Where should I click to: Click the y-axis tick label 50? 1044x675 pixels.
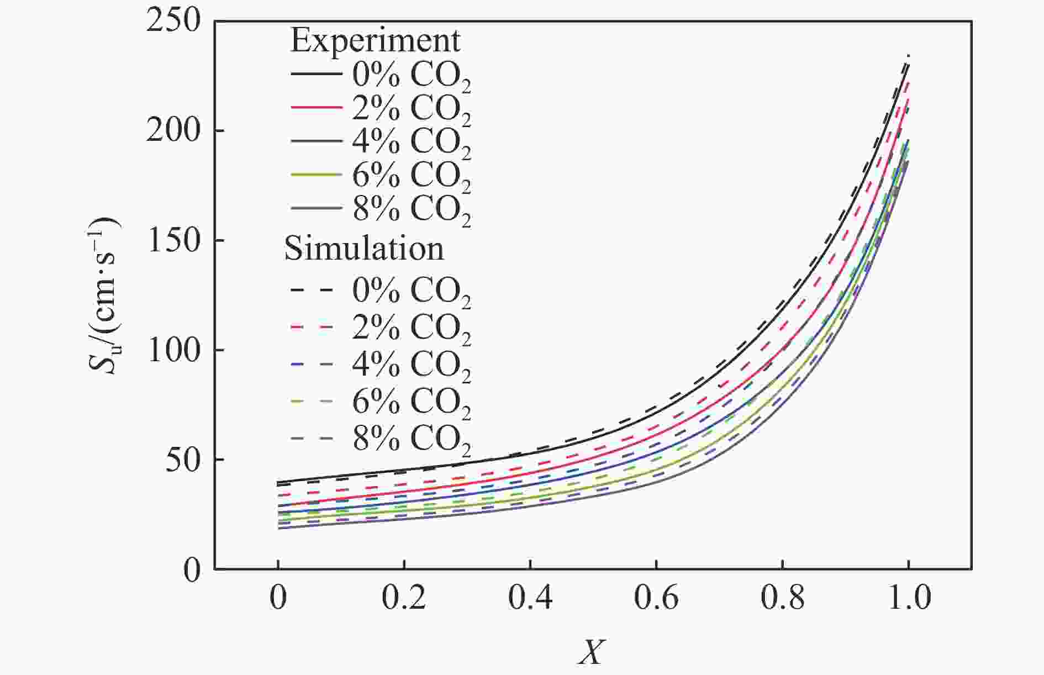182,460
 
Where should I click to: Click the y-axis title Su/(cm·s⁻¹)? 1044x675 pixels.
108,296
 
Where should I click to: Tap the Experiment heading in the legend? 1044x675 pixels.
375,41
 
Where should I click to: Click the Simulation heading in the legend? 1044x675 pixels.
363,249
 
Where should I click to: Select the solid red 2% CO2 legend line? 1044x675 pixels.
315,106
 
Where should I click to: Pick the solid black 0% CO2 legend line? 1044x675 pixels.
315,73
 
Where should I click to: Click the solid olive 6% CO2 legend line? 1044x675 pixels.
315,173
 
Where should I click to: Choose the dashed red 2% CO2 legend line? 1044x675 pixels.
312,327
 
